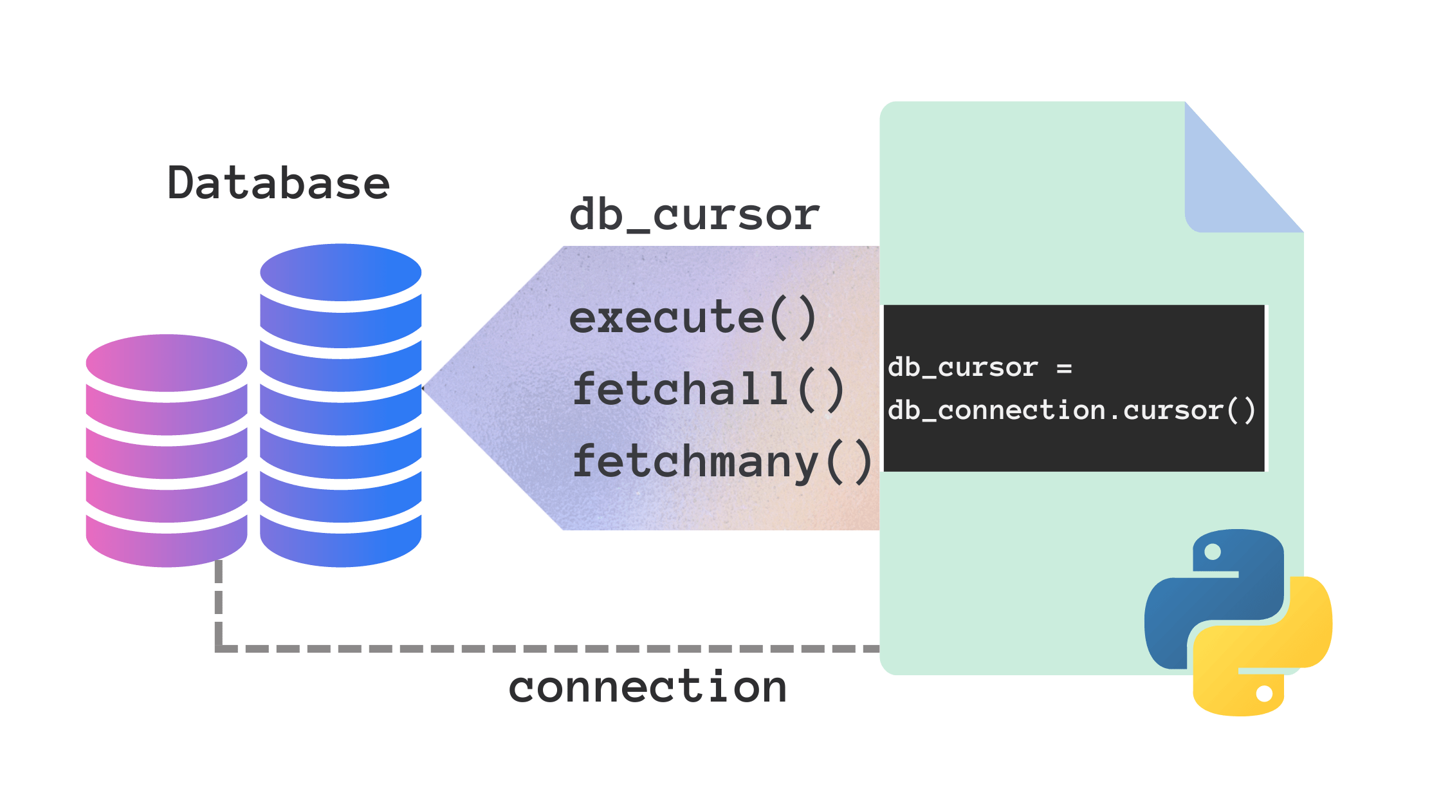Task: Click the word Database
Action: [279, 183]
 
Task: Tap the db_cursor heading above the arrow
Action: [694, 214]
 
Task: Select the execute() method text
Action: [693, 317]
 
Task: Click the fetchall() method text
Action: [708, 389]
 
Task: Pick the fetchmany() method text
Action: [722, 462]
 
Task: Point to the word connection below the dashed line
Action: [647, 687]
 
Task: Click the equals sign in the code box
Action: [1064, 368]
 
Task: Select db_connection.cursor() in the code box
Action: [1071, 410]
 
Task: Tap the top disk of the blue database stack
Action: [340, 272]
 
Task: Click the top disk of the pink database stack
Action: [167, 362]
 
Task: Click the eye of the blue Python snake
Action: [1213, 552]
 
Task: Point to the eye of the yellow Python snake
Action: [1264, 693]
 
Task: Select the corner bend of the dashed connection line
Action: [219, 648]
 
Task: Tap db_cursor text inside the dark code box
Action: [962, 368]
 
